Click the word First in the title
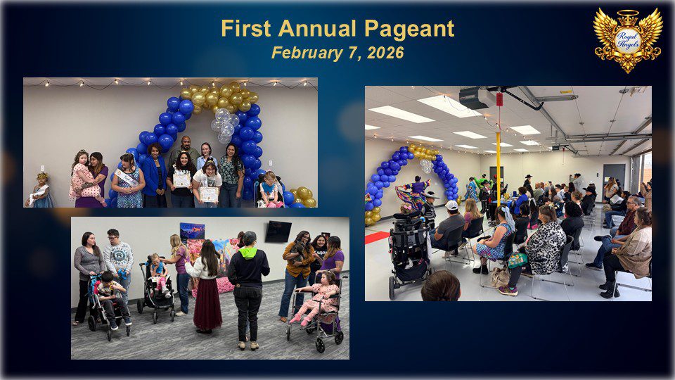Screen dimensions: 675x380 click(246, 28)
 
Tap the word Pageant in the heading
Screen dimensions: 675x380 click(409, 30)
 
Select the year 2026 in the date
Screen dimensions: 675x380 click(385, 53)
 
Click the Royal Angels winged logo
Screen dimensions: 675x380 click(628, 41)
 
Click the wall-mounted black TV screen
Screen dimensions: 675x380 click(278, 232)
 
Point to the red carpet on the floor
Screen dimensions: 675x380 click(377, 237)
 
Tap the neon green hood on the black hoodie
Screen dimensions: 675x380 click(247, 253)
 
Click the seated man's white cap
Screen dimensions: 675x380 click(451, 205)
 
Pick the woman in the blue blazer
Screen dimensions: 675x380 click(154, 175)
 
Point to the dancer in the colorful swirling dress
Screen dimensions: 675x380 click(413, 193)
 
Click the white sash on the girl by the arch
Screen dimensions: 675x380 click(127, 177)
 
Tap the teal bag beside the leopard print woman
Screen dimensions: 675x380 click(517, 260)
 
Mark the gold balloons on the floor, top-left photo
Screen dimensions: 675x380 click(304, 197)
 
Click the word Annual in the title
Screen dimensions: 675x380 click(317, 28)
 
